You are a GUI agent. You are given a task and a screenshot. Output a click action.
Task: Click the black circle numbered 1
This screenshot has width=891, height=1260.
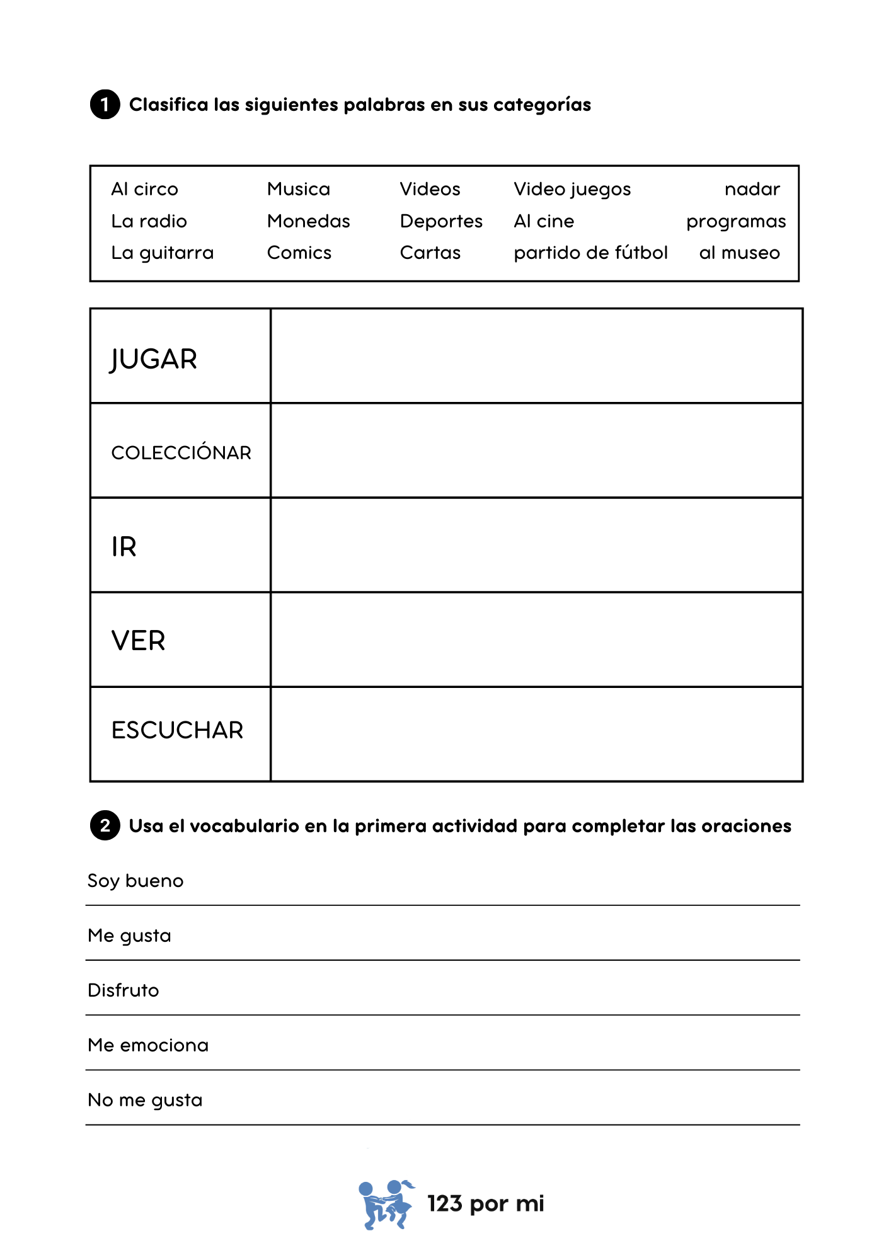[x=105, y=105]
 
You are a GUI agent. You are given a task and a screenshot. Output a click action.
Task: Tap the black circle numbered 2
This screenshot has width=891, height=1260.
[x=105, y=825]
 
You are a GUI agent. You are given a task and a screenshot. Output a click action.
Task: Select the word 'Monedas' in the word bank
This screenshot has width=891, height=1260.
[x=308, y=221]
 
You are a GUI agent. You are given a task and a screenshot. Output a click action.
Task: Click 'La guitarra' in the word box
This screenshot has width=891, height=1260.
[x=162, y=253]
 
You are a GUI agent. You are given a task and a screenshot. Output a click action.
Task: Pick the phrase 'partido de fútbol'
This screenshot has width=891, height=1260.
[x=590, y=253]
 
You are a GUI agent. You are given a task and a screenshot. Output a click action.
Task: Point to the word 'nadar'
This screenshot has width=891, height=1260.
[x=752, y=189]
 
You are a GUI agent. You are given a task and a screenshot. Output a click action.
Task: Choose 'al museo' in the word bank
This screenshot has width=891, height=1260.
[x=739, y=253]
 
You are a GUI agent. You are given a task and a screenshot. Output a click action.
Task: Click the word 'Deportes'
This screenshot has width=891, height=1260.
[x=441, y=221]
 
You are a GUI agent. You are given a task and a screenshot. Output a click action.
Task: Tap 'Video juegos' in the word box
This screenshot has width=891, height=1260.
[x=572, y=190]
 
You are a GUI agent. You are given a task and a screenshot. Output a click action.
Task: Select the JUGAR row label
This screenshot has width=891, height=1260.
[x=154, y=359]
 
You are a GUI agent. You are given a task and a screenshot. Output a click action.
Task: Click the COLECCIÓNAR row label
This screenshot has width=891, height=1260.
[x=181, y=452]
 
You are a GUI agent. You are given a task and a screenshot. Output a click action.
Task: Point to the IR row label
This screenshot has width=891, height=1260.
[x=124, y=547]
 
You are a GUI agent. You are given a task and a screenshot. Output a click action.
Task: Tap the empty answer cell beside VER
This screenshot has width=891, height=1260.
[x=536, y=640]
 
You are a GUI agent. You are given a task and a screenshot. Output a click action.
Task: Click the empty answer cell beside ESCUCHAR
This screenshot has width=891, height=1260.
[x=536, y=735]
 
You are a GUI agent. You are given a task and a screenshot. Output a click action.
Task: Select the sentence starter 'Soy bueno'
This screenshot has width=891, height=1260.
[x=135, y=881]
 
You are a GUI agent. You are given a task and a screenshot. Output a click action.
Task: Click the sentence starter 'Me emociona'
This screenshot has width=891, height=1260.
[x=148, y=1045]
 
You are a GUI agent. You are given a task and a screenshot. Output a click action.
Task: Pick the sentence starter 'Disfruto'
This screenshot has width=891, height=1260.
[x=124, y=990]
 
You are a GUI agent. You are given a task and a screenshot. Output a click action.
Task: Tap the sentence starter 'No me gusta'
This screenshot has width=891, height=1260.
[x=145, y=1100]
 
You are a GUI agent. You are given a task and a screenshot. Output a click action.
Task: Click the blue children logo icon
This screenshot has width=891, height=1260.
[x=386, y=1204]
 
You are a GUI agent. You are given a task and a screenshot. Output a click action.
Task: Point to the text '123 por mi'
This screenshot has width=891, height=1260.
[x=485, y=1204]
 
